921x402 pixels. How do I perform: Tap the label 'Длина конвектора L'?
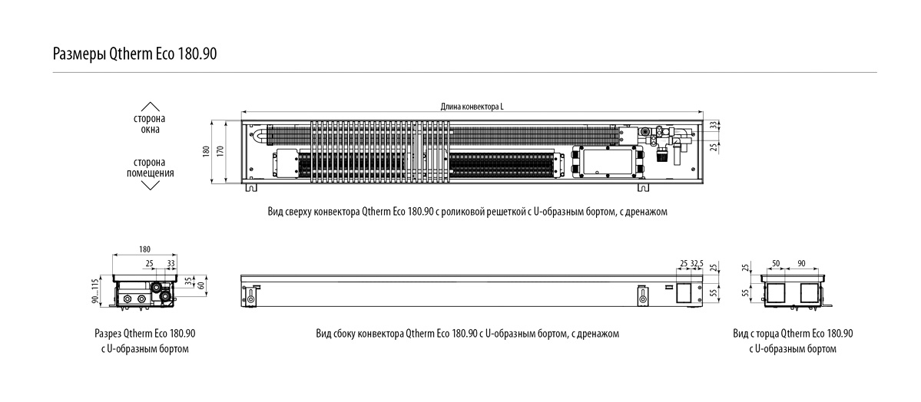click(472, 107)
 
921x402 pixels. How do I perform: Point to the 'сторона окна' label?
click(151, 124)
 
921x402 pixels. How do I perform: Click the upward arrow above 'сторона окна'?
click(151, 107)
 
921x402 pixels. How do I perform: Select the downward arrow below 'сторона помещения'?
click(151, 185)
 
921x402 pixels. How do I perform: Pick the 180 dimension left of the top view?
click(206, 151)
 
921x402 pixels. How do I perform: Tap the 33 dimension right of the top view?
click(714, 124)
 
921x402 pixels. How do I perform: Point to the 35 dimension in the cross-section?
click(189, 281)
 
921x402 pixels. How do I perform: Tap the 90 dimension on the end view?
click(803, 263)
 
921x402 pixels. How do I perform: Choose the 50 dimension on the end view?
click(776, 263)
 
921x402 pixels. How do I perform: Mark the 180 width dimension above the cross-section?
click(145, 249)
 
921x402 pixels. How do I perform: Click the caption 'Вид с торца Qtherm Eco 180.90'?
click(793, 334)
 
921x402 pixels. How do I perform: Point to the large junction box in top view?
click(606, 160)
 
